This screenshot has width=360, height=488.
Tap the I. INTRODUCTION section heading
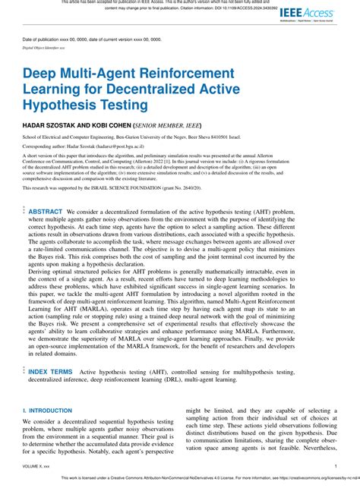tap(49, 410)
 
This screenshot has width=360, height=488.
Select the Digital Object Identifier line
tap(44, 46)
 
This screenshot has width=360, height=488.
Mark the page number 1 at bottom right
tap(335, 465)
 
